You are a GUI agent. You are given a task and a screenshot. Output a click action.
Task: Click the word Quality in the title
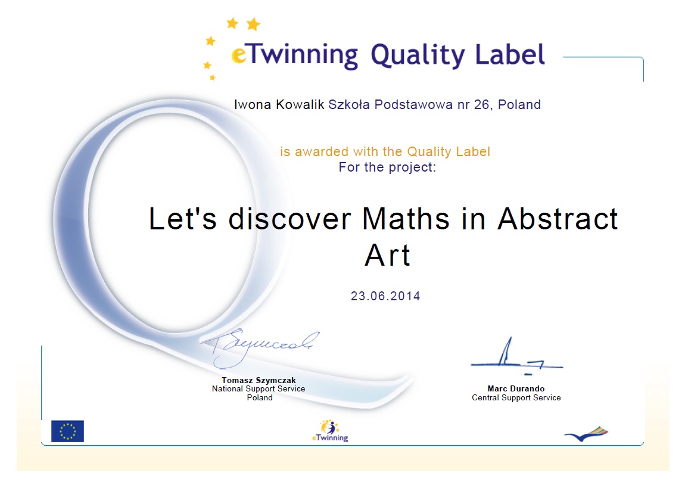click(x=418, y=56)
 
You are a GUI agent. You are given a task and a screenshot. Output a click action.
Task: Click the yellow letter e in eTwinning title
click(x=238, y=56)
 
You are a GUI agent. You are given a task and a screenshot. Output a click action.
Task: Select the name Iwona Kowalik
click(x=279, y=104)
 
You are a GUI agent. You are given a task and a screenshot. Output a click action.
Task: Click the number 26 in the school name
click(x=481, y=104)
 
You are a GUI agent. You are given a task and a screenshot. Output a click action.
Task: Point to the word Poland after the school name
click(x=519, y=104)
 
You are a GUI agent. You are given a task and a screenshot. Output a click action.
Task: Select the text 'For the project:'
click(x=388, y=167)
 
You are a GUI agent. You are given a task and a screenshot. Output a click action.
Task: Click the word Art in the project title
click(x=388, y=254)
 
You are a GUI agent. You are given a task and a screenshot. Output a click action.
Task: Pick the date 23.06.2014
click(x=385, y=296)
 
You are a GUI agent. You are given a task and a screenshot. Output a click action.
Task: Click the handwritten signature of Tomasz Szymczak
click(x=259, y=347)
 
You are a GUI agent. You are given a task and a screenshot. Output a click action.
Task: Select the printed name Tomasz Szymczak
click(x=259, y=380)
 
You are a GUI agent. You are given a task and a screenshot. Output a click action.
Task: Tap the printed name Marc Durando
click(x=516, y=388)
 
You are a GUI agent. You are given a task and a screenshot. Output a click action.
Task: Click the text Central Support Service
click(x=516, y=398)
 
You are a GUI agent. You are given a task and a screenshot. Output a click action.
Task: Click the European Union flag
click(x=67, y=431)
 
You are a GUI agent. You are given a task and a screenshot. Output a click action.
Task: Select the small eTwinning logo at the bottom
click(x=330, y=431)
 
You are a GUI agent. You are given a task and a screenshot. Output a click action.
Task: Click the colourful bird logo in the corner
click(x=586, y=434)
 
